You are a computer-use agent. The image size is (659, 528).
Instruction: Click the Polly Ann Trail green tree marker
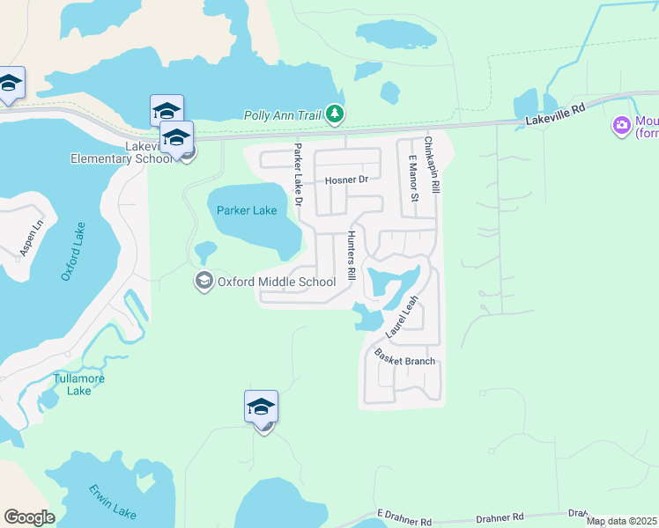(x=334, y=114)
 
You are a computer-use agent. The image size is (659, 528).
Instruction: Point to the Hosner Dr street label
(x=345, y=180)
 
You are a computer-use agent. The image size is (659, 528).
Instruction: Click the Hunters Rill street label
(x=351, y=255)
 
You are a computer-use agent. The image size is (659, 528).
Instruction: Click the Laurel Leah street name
(x=402, y=317)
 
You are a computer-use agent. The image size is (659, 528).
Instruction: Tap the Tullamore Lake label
(x=79, y=385)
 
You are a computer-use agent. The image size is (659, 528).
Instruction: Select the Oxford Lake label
(x=73, y=251)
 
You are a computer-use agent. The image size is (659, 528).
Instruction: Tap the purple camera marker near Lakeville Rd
(x=622, y=126)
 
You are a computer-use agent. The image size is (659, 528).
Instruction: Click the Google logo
(x=29, y=517)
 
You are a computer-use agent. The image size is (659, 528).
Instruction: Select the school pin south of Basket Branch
(x=261, y=408)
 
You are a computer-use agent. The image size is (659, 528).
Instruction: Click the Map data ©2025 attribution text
(x=621, y=521)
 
